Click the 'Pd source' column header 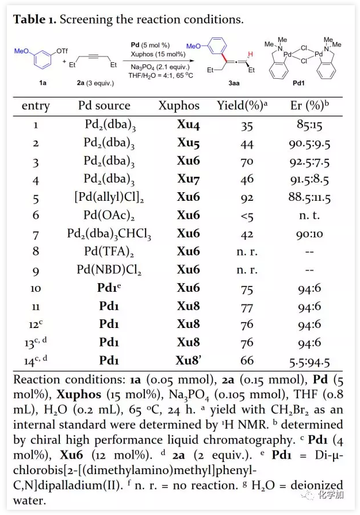click(104, 106)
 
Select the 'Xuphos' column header click(179, 106)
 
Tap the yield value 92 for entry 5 click(247, 197)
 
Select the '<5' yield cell click(247, 215)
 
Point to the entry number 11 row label click(35, 306)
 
